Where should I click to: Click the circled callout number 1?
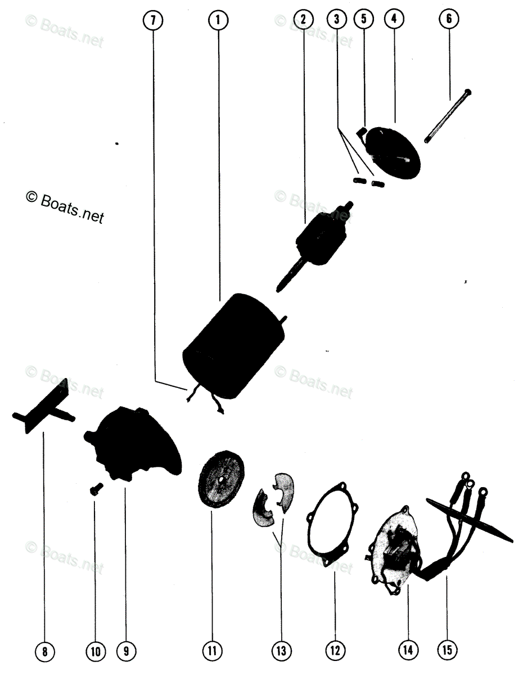218,20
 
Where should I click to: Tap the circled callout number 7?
153,20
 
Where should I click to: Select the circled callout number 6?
448,19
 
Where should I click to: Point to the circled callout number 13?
281,651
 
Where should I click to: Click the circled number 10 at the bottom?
94,651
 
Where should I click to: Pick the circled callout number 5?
363,19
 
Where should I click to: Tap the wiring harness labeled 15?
461,523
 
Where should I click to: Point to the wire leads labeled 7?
202,397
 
